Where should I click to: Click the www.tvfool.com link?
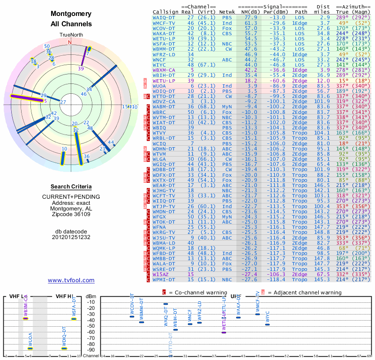click(x=71, y=280)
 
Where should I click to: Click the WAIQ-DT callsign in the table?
click(x=164, y=17)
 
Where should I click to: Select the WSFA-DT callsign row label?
click(x=164, y=44)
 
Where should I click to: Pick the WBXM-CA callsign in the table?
click(x=164, y=70)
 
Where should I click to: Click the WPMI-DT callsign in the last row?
click(x=164, y=279)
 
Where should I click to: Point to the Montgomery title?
click(x=71, y=14)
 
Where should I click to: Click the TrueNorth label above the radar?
click(x=71, y=35)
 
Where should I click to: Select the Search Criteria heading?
click(x=71, y=187)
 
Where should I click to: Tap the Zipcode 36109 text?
click(x=71, y=214)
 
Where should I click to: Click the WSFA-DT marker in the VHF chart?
click(x=74, y=319)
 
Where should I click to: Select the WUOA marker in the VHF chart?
click(x=30, y=348)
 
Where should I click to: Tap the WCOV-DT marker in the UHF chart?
click(x=132, y=316)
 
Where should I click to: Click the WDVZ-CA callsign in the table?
click(x=164, y=101)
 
